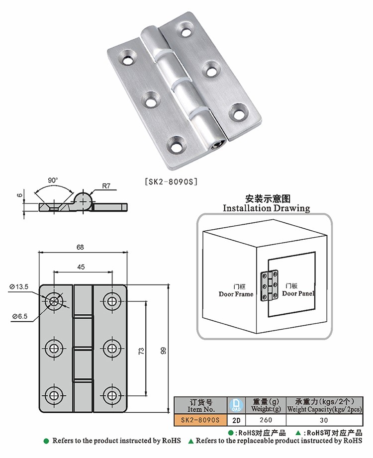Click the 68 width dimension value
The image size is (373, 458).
80,247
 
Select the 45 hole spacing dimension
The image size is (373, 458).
81,267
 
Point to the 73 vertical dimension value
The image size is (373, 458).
141,351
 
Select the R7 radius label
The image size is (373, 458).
105,186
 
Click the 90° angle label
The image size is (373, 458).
53,180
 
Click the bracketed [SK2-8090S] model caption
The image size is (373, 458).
171,182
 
